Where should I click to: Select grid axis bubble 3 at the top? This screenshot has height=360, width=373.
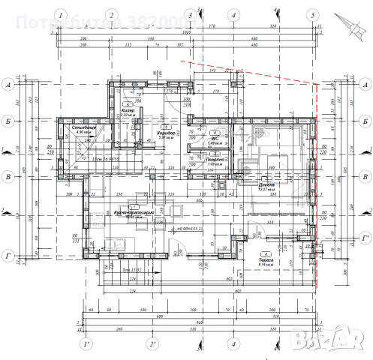[190, 14]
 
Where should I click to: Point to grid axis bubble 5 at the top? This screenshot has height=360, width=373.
[311, 14]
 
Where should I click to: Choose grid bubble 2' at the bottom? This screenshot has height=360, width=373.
[152, 344]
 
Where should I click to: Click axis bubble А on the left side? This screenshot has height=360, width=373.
[8, 85]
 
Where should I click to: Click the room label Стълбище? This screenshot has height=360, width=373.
[83, 129]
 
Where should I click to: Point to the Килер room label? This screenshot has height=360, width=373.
[128, 110]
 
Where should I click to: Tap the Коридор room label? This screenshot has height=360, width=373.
[166, 133]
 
